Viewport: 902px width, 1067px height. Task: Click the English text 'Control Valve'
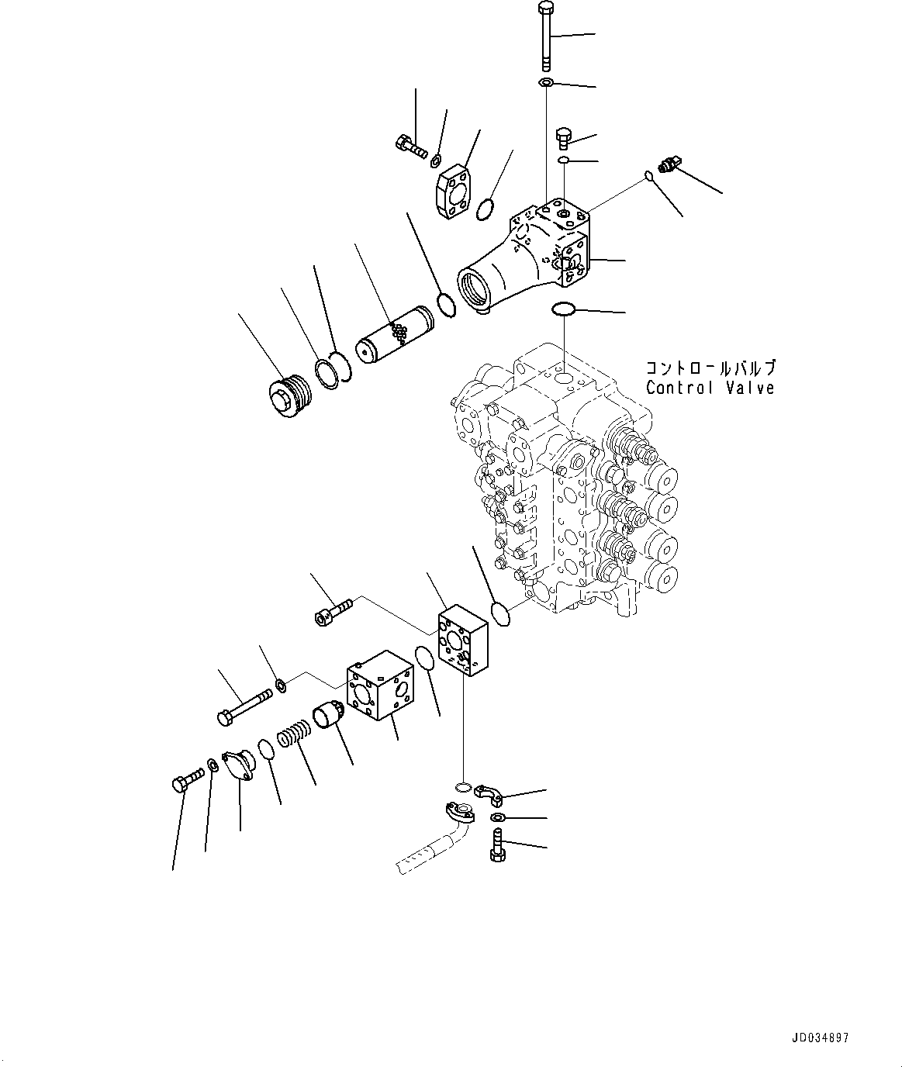pyautogui.click(x=710, y=388)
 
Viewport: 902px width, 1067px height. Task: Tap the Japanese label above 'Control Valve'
pyautogui.click(x=710, y=368)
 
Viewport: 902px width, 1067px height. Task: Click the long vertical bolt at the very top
pyautogui.click(x=545, y=35)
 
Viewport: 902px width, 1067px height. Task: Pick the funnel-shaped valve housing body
pyautogui.click(x=527, y=256)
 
